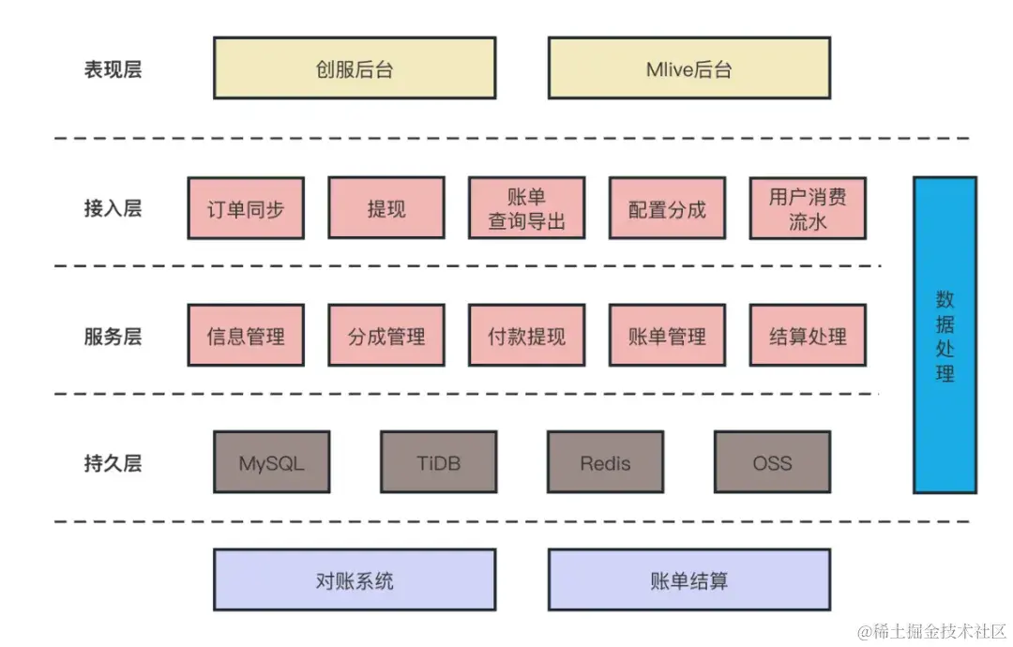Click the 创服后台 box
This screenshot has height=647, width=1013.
[355, 68]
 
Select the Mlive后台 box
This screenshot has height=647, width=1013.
[688, 68]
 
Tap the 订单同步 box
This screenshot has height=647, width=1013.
[246, 208]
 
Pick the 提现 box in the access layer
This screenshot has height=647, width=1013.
[386, 208]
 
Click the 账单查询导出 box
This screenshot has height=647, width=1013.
[527, 208]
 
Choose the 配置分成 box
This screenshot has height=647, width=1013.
[667, 208]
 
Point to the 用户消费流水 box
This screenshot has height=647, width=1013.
[808, 208]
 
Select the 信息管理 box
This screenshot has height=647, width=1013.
[246, 336]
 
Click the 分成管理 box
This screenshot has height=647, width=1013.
[386, 336]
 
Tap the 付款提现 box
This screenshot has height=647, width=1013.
[527, 336]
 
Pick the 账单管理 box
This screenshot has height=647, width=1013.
[667, 336]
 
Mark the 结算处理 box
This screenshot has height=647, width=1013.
[808, 336]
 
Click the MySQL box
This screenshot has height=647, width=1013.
[272, 462]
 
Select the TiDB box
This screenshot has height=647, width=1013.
[439, 462]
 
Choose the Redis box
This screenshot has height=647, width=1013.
[606, 462]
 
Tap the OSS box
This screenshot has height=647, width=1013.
[772, 462]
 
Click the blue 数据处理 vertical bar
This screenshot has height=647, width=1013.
[945, 335]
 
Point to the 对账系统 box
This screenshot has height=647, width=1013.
[355, 580]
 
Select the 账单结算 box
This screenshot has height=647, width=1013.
[688, 580]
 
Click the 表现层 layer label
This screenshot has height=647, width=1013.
[113, 69]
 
